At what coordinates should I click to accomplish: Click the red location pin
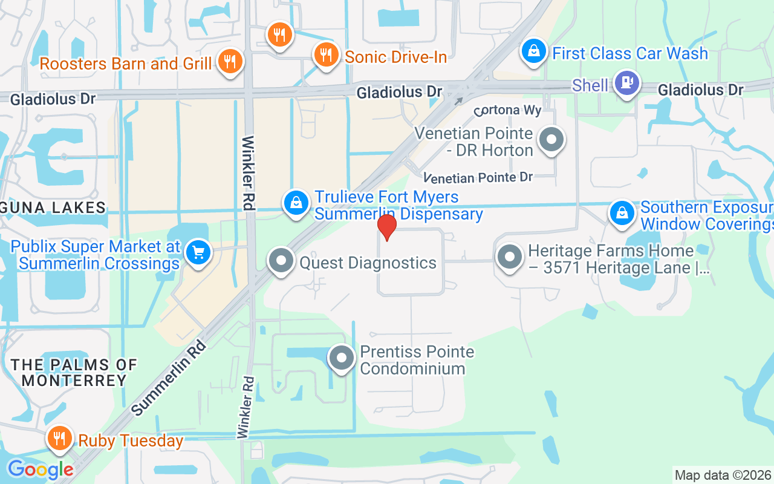(x=386, y=227)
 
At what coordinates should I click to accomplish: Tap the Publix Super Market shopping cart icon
(x=198, y=252)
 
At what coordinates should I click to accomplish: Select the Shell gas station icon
(x=626, y=83)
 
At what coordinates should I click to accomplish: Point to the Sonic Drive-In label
(x=395, y=57)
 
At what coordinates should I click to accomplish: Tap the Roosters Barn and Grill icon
(x=230, y=61)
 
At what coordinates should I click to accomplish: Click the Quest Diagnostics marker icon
(x=281, y=261)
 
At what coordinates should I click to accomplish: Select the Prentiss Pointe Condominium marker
(x=342, y=358)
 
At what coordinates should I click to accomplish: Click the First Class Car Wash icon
(x=534, y=51)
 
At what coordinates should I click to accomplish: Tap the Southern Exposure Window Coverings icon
(x=622, y=213)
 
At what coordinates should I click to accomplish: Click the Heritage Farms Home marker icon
(x=510, y=257)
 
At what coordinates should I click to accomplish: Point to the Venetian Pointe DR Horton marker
(x=551, y=140)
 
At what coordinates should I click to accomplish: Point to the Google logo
(x=40, y=469)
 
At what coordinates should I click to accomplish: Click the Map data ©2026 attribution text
(x=723, y=475)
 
